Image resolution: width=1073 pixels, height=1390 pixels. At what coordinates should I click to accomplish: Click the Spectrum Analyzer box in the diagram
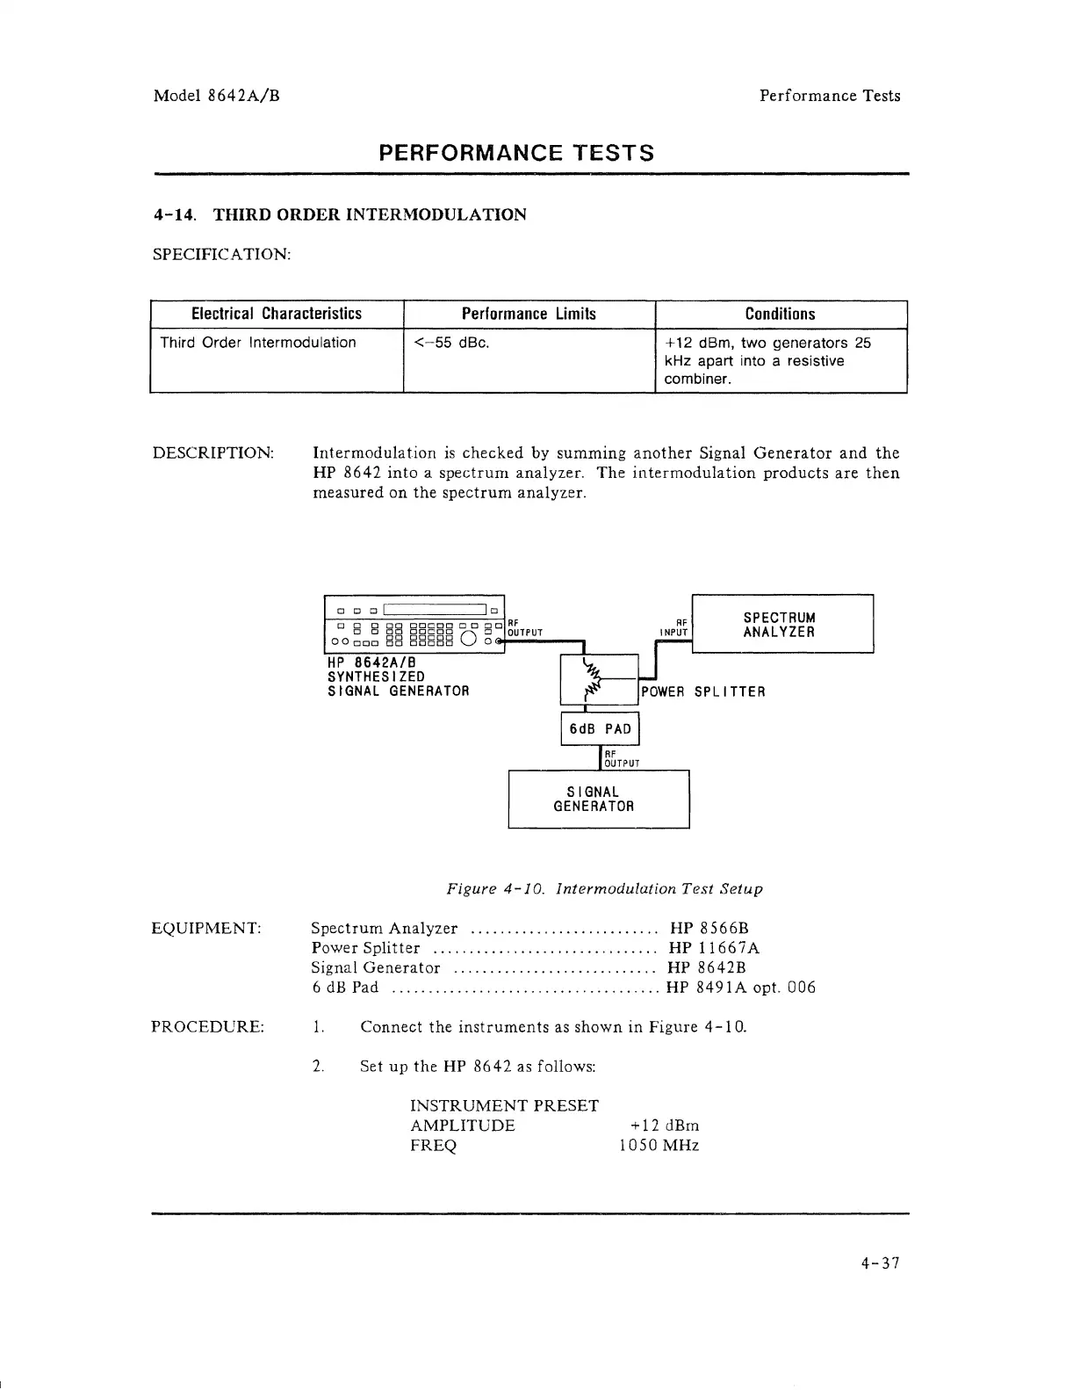click(x=782, y=624)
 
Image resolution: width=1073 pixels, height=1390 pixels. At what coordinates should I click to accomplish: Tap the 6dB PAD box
click(x=600, y=728)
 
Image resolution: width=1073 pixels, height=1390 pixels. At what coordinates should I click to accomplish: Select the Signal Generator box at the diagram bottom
click(x=598, y=799)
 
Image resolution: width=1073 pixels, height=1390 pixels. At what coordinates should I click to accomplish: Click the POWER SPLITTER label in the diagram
click(x=703, y=692)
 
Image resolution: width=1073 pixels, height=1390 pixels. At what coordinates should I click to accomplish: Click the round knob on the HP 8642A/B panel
click(x=467, y=639)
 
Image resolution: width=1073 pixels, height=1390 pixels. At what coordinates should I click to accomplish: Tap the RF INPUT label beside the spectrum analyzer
click(x=675, y=626)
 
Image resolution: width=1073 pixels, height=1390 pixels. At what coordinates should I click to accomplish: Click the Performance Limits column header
click(x=529, y=315)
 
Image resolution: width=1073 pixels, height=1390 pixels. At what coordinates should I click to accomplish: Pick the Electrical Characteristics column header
click(x=277, y=315)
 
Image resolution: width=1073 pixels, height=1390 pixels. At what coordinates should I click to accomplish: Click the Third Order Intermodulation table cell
click(x=258, y=343)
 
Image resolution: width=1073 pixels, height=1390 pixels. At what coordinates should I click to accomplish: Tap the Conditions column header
click(x=780, y=315)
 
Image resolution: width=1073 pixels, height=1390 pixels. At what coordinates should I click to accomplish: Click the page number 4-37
click(x=880, y=1263)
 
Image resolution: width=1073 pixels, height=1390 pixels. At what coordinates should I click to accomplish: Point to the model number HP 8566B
click(x=709, y=928)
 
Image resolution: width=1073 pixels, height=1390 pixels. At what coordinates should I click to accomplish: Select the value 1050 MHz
click(x=659, y=1146)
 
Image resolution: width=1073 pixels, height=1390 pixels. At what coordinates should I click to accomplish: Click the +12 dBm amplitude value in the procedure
click(x=665, y=1126)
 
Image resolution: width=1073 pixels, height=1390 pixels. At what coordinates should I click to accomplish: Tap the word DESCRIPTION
click(x=213, y=453)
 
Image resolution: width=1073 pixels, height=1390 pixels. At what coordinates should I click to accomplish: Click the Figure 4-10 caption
click(x=604, y=889)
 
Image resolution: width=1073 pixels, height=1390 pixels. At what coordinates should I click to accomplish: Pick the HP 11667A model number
click(x=714, y=948)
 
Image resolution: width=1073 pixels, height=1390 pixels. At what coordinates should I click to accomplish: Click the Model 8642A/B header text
click(x=217, y=96)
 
